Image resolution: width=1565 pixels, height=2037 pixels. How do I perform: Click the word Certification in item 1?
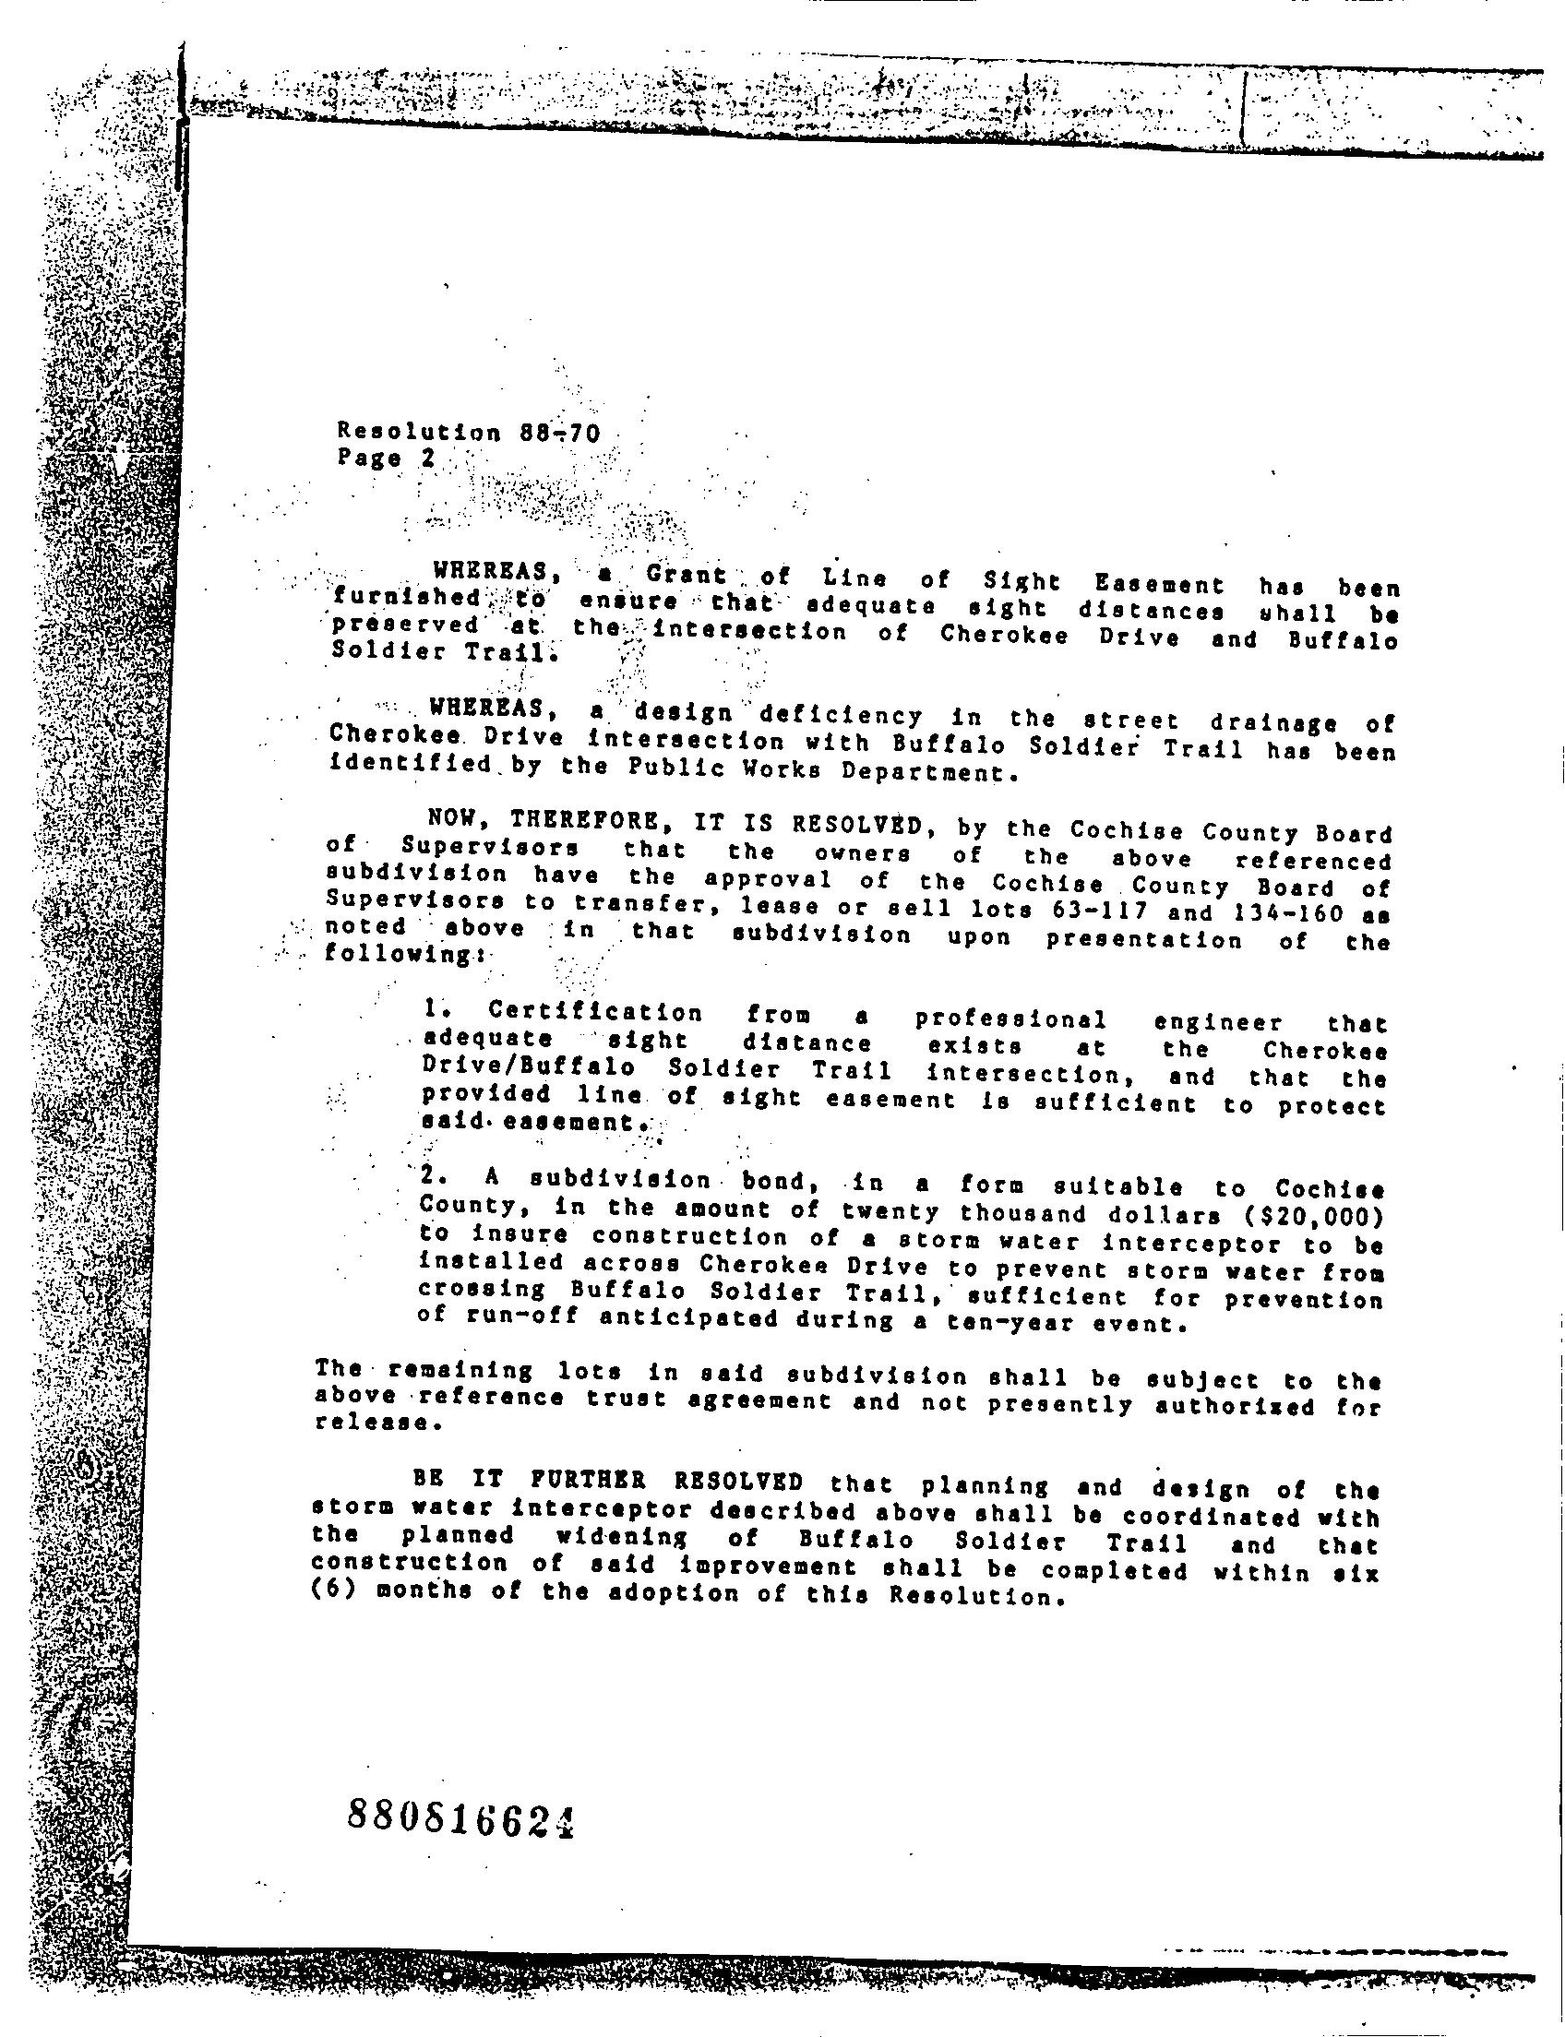pos(596,1011)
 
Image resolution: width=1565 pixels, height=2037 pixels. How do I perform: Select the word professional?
pos(1010,1019)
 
